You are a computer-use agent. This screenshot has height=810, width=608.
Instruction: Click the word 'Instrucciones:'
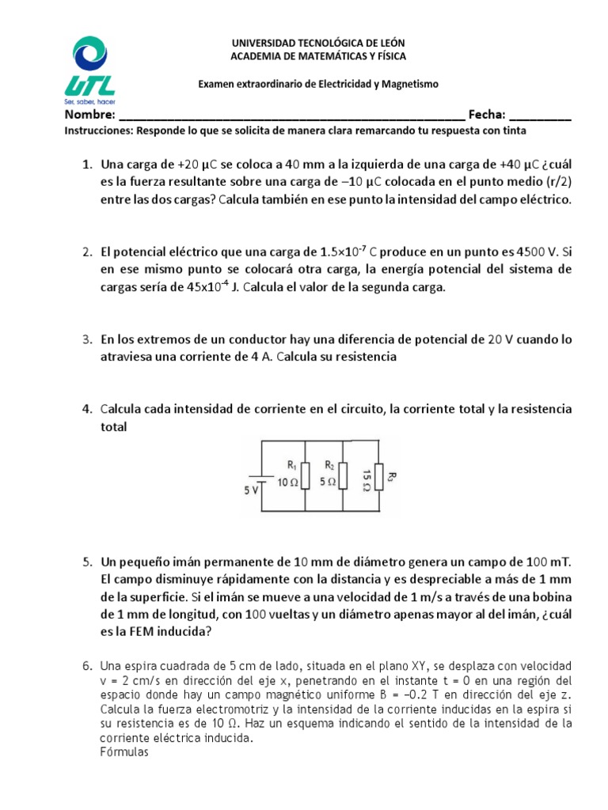97,131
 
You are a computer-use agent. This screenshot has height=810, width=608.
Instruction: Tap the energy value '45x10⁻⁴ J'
209,287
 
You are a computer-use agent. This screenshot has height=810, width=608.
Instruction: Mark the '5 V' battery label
251,490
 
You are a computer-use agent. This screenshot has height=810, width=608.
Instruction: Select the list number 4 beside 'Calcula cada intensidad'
88,409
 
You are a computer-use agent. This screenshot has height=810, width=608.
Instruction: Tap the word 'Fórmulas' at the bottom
124,752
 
